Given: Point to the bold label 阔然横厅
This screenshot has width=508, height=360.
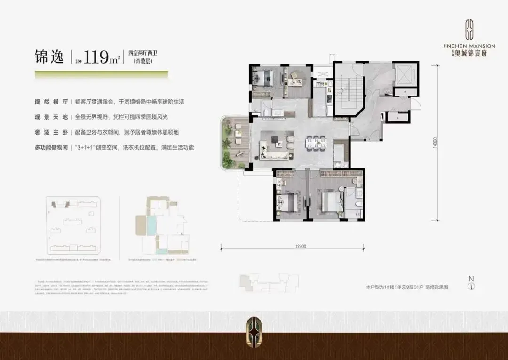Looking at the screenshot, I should [48, 102].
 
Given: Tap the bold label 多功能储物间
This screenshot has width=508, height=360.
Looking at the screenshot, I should [52, 148].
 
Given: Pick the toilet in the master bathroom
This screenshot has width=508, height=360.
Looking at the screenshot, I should [358, 205].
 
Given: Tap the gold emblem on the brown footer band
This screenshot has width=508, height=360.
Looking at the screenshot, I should [254, 330].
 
